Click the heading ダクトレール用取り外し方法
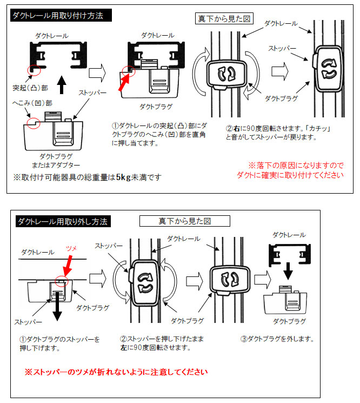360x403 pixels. point(63,221)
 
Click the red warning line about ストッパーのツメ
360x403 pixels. point(116,372)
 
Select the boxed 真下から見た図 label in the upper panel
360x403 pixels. point(223,18)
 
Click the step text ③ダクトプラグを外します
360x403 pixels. point(277,339)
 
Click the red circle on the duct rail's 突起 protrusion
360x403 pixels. point(35,69)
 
